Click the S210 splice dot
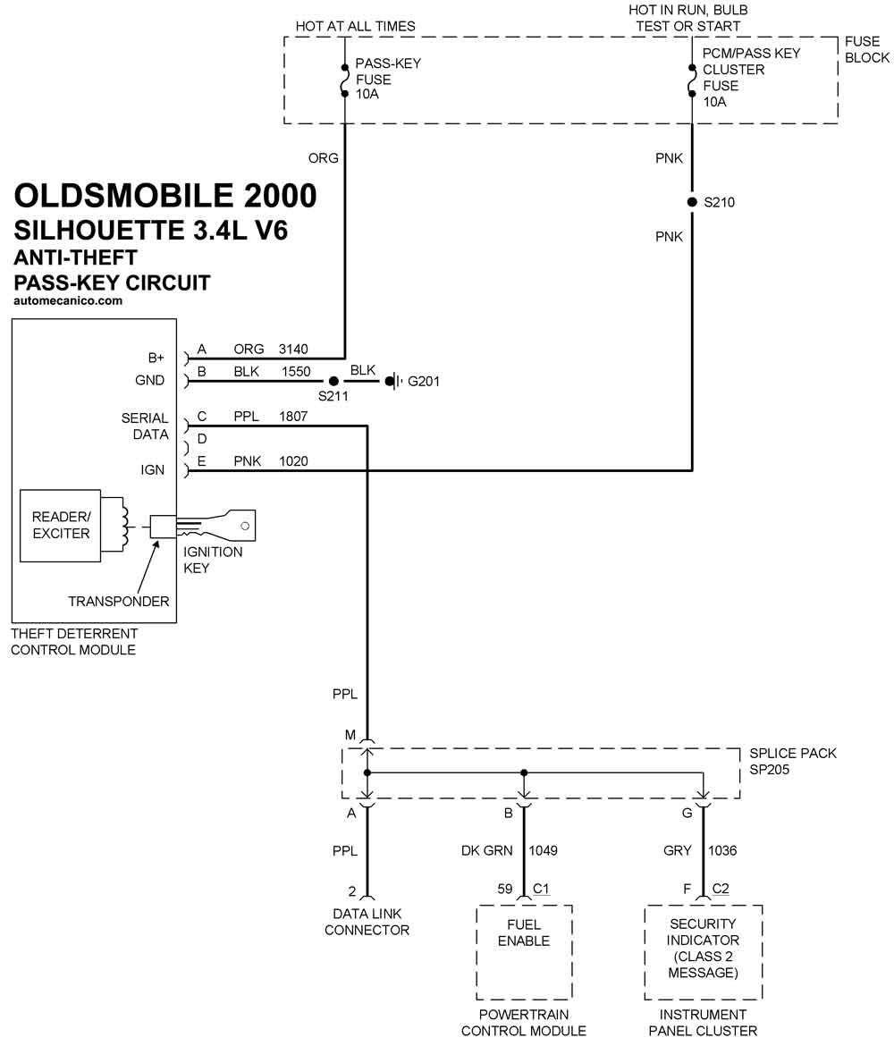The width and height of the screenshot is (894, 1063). click(692, 202)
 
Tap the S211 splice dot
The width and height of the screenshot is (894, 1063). click(333, 381)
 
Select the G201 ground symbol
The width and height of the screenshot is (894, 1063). click(393, 382)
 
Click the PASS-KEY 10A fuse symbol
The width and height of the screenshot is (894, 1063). click(344, 80)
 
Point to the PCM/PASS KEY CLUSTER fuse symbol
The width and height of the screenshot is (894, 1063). click(691, 80)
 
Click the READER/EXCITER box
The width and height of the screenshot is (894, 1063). click(61, 526)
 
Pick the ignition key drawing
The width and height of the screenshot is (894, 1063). click(219, 526)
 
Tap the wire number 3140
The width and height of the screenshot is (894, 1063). click(293, 350)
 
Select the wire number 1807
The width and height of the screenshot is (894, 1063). click(293, 417)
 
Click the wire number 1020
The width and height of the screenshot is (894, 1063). click(293, 461)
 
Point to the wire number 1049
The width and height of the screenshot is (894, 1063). click(544, 850)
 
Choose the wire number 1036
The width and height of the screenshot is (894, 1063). click(722, 850)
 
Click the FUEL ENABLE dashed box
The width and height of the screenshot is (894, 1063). click(524, 952)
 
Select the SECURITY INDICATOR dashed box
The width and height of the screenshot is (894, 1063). click(703, 952)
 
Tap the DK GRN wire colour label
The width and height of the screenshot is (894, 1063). click(486, 850)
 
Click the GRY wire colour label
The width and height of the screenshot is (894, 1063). click(678, 850)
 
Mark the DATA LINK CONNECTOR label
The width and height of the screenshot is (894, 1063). click(367, 922)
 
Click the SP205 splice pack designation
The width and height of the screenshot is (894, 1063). click(769, 770)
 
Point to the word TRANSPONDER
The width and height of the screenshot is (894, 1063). click(119, 602)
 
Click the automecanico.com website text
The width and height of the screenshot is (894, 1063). click(69, 301)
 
